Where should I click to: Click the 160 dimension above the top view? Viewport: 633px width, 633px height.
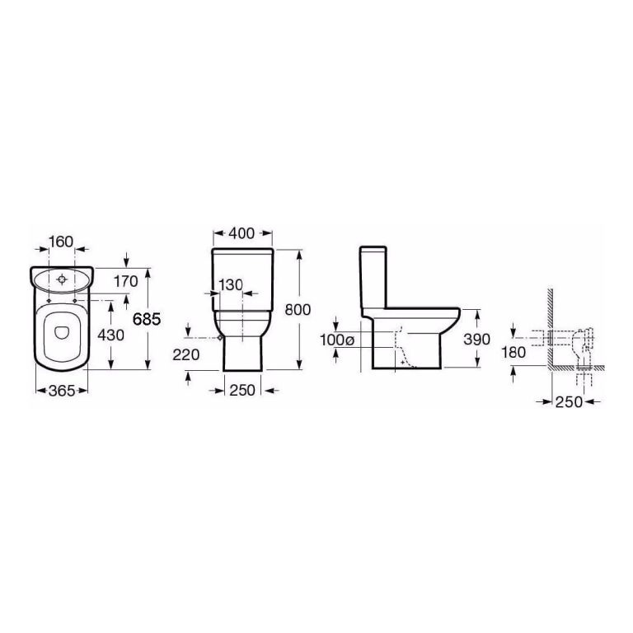(x=62, y=241)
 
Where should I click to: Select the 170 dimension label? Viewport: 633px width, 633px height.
(x=125, y=282)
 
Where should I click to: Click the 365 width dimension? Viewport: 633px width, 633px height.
(x=62, y=391)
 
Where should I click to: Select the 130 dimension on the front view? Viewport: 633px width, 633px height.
(x=231, y=284)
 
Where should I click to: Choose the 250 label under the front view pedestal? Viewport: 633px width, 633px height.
(x=243, y=391)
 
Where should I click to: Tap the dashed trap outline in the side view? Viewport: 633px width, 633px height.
(x=401, y=346)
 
